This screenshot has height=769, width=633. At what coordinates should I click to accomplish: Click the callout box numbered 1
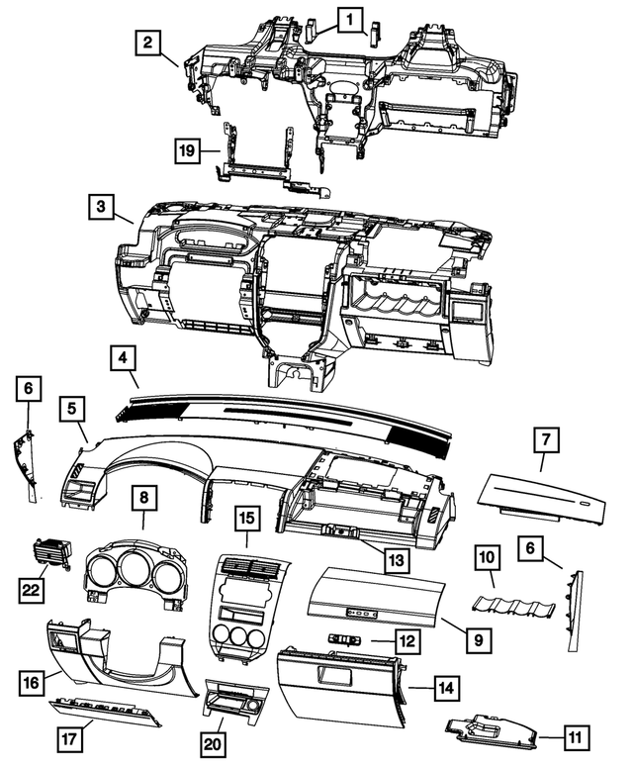(350, 17)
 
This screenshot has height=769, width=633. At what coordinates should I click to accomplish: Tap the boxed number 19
(187, 150)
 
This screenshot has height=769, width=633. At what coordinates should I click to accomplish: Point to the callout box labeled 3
(100, 208)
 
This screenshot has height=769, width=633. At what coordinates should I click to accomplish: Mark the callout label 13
(396, 559)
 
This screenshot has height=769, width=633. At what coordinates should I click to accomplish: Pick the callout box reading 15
(247, 518)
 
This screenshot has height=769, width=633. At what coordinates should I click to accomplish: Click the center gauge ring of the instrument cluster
(142, 571)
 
